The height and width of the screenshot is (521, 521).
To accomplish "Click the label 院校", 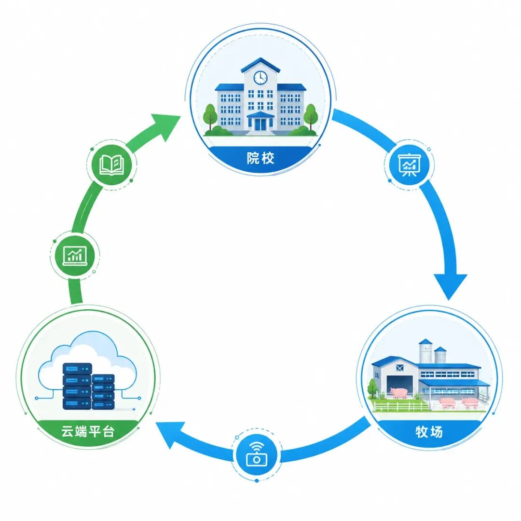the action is pyautogui.click(x=260, y=158).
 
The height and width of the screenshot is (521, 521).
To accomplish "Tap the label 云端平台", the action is pyautogui.click(x=88, y=431).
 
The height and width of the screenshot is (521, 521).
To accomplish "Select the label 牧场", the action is pyautogui.click(x=429, y=432).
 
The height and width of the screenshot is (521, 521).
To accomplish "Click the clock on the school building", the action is pyautogui.click(x=260, y=78).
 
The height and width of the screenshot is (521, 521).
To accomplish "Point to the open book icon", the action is pyautogui.click(x=111, y=165).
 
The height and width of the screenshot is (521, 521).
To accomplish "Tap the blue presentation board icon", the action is pyautogui.click(x=409, y=165).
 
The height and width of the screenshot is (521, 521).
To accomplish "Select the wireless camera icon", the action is pyautogui.click(x=256, y=453).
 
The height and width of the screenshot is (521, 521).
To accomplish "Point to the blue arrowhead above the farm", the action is pyautogui.click(x=450, y=285).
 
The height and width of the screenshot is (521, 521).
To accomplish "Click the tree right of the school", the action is pyautogui.click(x=311, y=116).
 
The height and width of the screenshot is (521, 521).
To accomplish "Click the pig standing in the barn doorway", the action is pyautogui.click(x=399, y=393).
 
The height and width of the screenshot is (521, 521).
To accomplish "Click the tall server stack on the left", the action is pyautogui.click(x=77, y=386).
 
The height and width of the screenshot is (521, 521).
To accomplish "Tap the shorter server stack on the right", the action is pyautogui.click(x=103, y=392).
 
